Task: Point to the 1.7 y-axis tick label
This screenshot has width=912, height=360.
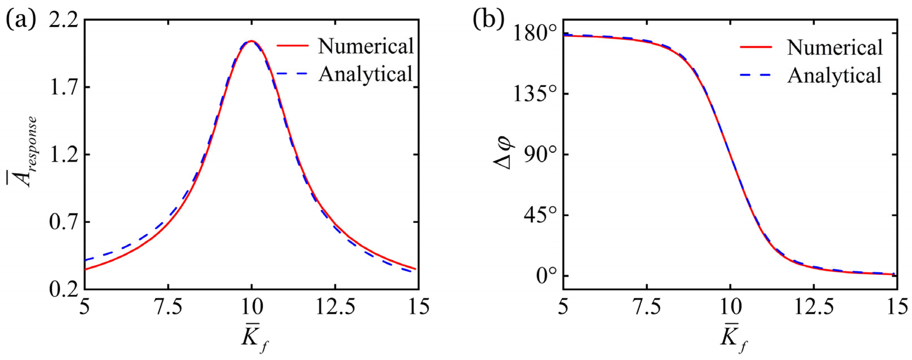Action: (63, 88)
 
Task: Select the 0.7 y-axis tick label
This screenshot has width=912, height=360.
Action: (63, 222)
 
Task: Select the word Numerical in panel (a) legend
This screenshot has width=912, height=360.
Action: (366, 46)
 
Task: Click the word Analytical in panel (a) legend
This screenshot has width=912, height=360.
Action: (366, 74)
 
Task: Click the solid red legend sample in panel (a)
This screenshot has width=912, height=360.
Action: (292, 46)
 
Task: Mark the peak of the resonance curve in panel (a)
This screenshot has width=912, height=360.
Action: (251, 41)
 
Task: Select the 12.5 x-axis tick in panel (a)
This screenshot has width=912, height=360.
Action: (335, 307)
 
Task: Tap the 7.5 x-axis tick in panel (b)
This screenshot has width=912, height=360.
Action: (647, 307)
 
